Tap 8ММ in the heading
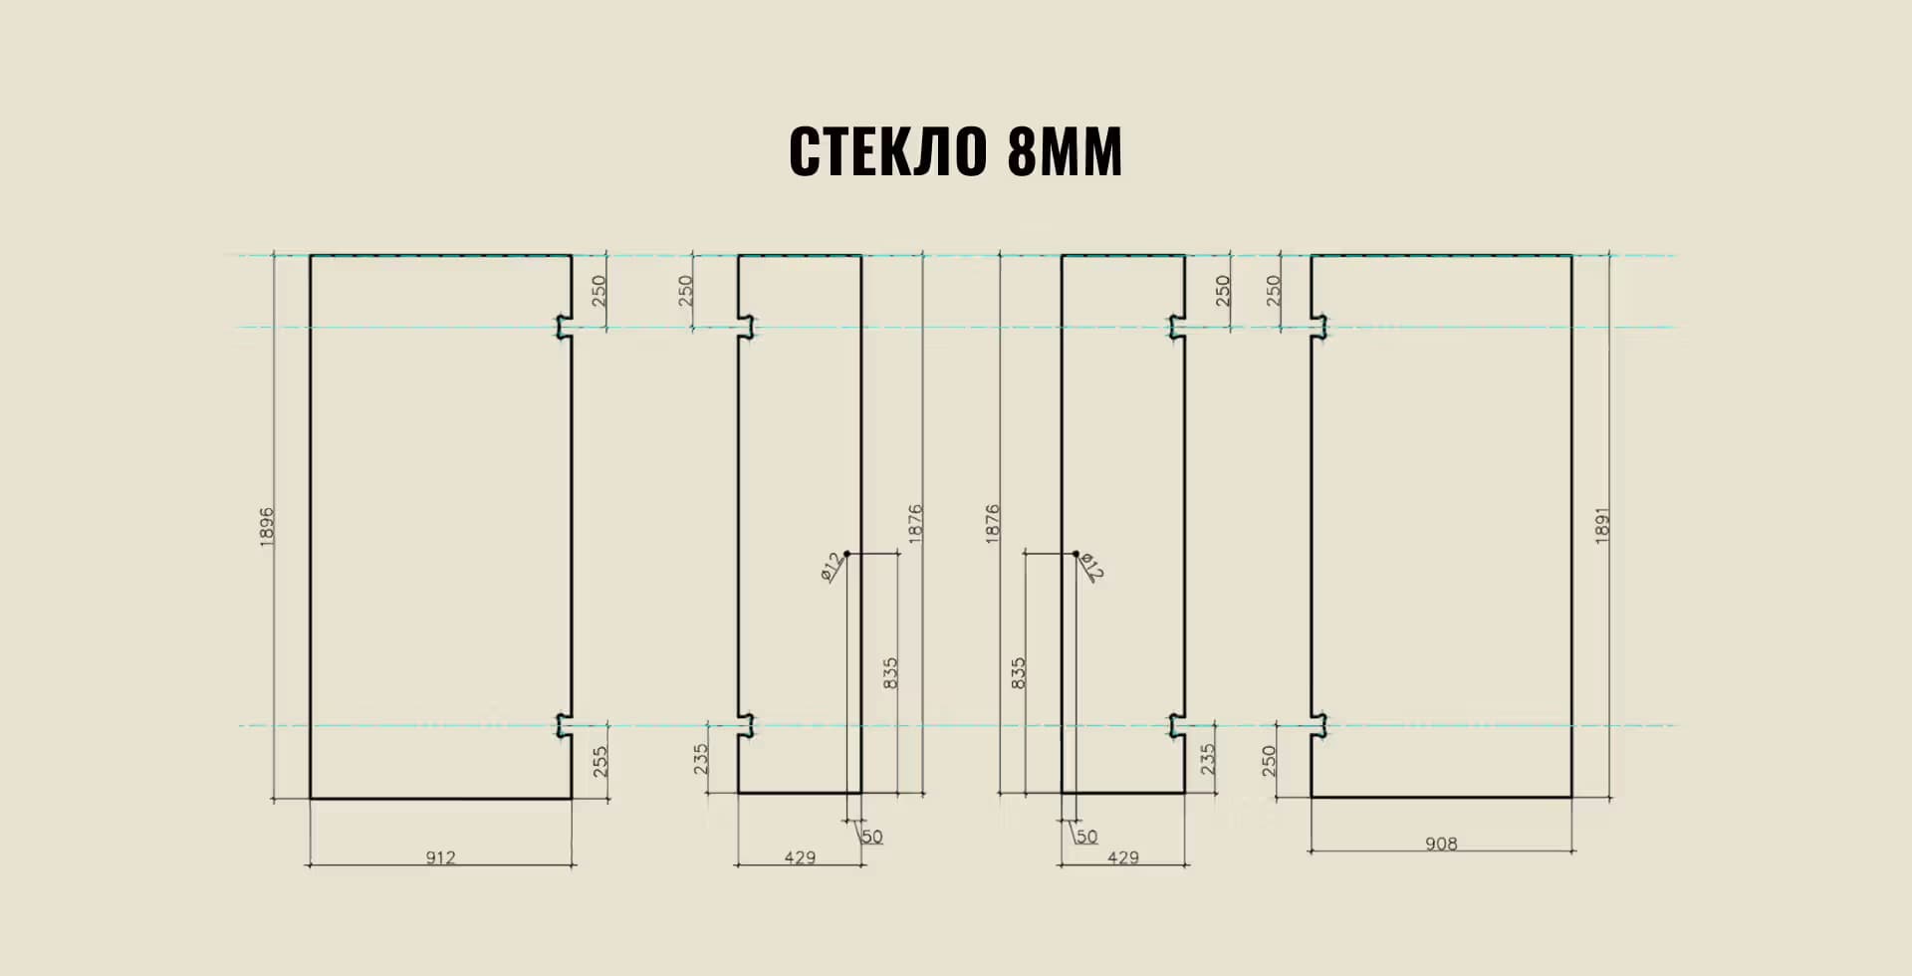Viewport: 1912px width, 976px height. [x=1065, y=152]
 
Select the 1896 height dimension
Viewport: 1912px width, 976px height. [x=266, y=526]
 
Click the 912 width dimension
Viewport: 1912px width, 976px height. [x=440, y=857]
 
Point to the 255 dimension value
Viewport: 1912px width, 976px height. [x=599, y=762]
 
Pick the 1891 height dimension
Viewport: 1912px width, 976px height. [x=1602, y=526]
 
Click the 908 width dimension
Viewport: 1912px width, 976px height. [x=1441, y=845]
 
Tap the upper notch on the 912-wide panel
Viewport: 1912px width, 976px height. [x=564, y=328]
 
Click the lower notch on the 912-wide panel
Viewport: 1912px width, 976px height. [x=564, y=726]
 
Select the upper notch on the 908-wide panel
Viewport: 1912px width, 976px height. [x=1319, y=328]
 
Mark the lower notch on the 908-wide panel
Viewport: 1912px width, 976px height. [x=1319, y=726]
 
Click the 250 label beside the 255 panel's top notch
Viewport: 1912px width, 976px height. [x=599, y=291]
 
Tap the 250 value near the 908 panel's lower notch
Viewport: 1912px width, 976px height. [x=1269, y=761]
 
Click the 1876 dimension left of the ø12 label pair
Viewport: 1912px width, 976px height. [x=992, y=524]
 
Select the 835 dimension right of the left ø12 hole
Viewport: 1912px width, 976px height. [x=890, y=673]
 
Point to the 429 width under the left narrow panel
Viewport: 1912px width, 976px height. [x=800, y=857]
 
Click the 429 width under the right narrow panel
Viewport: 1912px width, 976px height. [x=1123, y=857]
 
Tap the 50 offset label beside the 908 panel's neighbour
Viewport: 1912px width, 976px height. [x=1086, y=837]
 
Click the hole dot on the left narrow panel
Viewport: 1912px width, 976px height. [x=847, y=554]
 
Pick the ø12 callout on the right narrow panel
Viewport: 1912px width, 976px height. [x=1091, y=567]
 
